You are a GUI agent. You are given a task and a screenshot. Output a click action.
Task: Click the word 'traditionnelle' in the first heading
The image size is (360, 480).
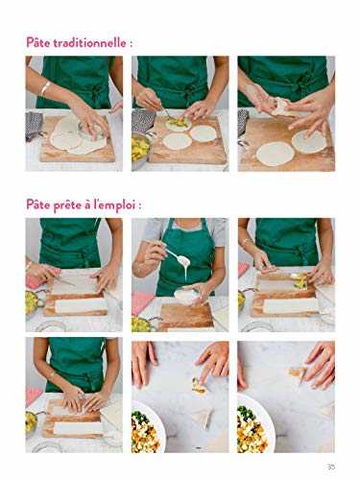click(101, 44)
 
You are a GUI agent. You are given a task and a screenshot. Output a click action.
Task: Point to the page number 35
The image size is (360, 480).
click(330, 468)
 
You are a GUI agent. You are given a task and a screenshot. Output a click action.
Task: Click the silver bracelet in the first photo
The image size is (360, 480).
click(45, 89)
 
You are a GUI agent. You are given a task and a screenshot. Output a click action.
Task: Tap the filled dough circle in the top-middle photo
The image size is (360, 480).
click(179, 124)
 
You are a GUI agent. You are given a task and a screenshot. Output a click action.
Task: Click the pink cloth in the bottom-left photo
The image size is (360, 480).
click(34, 396)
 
